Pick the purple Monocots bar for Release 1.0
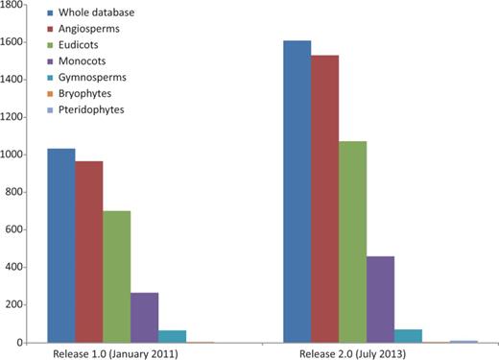point(145,318)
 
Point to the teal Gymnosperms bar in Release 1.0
point(173,336)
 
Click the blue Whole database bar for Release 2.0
point(297,192)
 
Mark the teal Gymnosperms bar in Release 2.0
point(409,336)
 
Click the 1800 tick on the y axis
point(13,5)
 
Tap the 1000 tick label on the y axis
point(13,155)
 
